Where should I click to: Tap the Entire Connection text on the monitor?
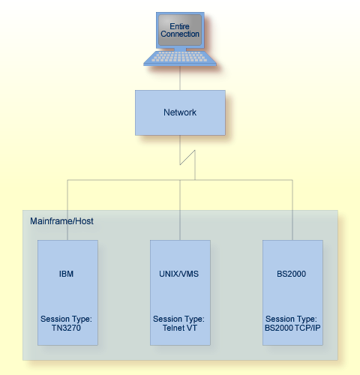tap(180, 29)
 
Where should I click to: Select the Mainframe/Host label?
tap(61, 221)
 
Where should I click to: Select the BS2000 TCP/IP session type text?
tap(292, 328)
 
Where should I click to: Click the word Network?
tap(180, 112)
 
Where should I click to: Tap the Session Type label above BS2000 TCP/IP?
tap(292, 319)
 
